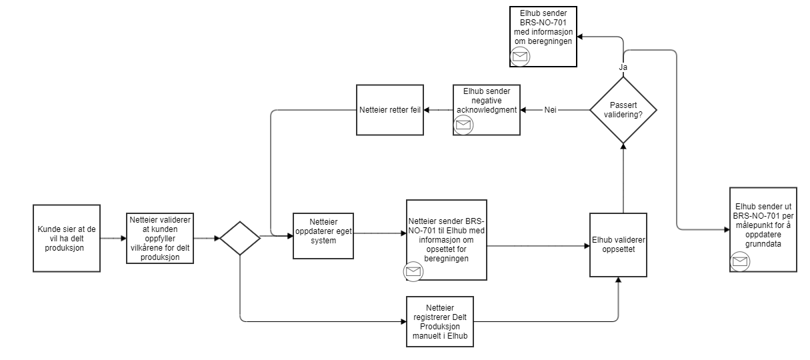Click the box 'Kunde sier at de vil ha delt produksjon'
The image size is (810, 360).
point(67,238)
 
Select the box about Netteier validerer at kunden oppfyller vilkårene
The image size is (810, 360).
point(160,238)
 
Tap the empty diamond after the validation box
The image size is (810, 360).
point(240,237)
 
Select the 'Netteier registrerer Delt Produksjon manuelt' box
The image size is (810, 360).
point(440,321)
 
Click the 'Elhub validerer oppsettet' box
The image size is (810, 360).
point(618,245)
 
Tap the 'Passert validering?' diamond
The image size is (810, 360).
point(623,109)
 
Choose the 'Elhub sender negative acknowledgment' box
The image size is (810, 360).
point(486,109)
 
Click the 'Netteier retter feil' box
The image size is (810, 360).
point(390,110)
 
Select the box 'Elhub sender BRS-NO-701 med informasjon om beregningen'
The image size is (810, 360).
point(543,36)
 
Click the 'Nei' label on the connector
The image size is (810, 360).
point(551,109)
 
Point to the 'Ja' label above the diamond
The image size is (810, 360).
point(623,67)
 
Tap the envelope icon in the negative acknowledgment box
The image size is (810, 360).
point(463,125)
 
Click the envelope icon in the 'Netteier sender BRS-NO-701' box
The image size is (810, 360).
point(413,271)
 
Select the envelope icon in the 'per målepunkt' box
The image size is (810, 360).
point(740,261)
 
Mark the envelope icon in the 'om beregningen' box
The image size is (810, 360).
point(520,57)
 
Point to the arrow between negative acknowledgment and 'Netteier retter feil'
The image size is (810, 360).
point(438,109)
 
